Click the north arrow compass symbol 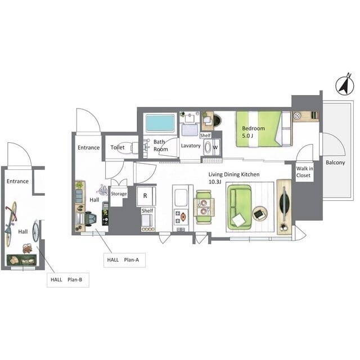tap(345, 85)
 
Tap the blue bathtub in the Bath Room tap(160, 123)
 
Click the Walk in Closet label tap(304, 172)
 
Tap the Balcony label tap(335, 163)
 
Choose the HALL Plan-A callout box tap(124, 260)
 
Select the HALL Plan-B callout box tap(68, 280)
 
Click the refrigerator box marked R tap(146, 196)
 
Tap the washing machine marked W tap(212, 147)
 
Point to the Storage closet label tap(119, 193)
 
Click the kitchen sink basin tap(181, 197)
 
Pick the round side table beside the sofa tap(260, 214)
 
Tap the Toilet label tap(118, 147)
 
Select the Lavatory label tap(191, 146)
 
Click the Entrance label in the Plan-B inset tap(17, 181)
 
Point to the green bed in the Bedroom tap(264, 129)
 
